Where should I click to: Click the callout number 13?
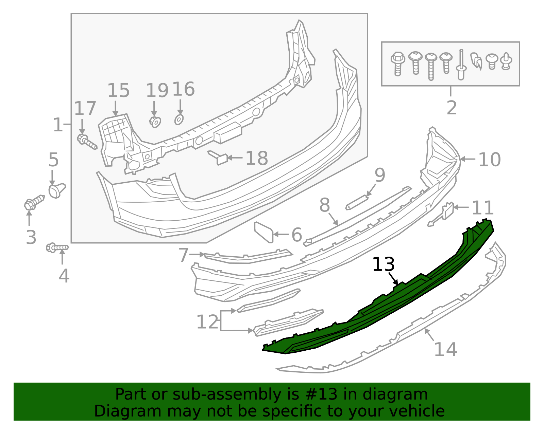point(383,264)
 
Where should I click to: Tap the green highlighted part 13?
point(391,306)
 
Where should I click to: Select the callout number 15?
point(118,91)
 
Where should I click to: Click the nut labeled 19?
point(155,121)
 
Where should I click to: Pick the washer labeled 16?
point(179,119)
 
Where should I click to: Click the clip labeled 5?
point(56,190)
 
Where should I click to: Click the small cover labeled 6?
point(264,232)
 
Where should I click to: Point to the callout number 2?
point(451,108)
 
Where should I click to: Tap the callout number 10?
point(489,160)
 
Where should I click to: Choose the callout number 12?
point(207,322)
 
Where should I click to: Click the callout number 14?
point(445,349)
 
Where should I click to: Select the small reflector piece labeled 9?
point(357,202)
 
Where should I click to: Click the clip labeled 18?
point(219,158)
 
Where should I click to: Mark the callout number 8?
point(325,205)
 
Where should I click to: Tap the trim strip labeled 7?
point(248,258)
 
